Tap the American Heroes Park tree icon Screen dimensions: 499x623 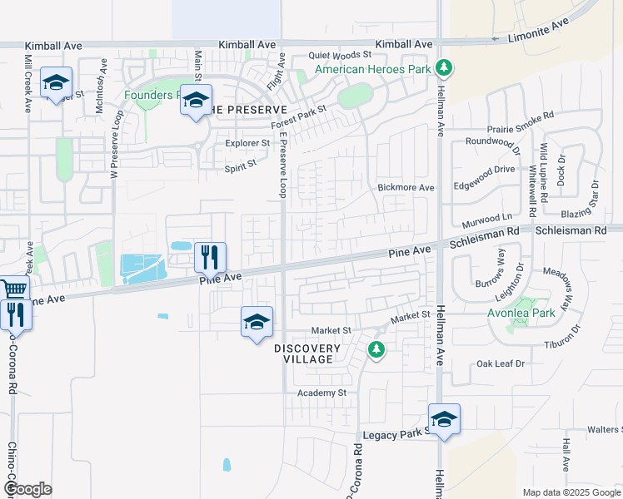point(445,67)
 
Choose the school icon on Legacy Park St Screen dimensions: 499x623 point(444,419)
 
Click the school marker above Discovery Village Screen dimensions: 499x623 point(257,322)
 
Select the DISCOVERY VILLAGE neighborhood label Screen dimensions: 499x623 point(307,353)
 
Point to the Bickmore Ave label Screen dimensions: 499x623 point(406,188)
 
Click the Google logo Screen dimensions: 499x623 point(27,489)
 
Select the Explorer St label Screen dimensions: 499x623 point(248,143)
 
